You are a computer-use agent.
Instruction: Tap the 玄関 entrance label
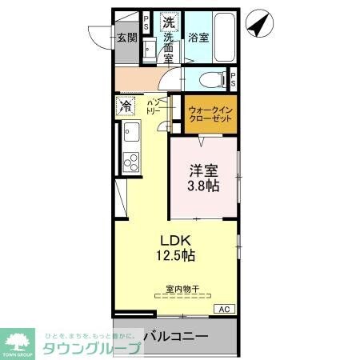[127, 37]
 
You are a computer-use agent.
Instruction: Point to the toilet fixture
[210, 79]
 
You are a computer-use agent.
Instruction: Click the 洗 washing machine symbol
[169, 22]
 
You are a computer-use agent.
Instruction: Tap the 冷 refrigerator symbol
[126, 106]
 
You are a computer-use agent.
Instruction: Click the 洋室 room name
[203, 170]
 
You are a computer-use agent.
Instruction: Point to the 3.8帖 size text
[203, 186]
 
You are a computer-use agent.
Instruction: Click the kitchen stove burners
[130, 161]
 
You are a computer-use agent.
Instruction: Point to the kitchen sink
[131, 133]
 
